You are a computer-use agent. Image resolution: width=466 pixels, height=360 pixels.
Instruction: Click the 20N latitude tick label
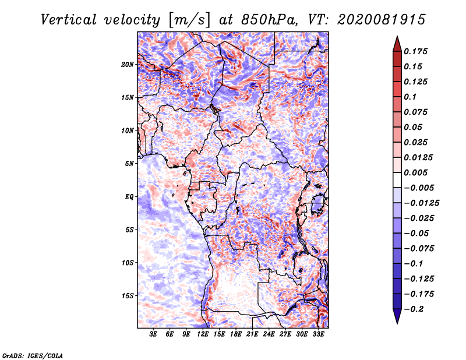tap(128, 65)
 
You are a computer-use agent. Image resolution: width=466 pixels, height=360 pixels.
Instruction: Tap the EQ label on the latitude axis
tap(129, 197)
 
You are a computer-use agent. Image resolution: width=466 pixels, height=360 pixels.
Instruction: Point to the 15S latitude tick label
tap(128, 296)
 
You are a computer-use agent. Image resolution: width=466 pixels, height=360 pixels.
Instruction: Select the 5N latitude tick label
tap(129, 164)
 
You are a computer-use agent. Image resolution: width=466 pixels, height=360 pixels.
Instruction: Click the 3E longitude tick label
tap(153, 334)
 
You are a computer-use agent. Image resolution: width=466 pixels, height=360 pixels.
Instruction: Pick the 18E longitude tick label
tap(236, 334)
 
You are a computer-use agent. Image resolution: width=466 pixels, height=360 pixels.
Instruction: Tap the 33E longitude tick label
tap(318, 334)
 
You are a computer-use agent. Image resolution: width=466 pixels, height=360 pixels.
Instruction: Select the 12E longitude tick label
tap(203, 334)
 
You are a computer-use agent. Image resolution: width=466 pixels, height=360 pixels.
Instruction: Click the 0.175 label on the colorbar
tap(415, 51)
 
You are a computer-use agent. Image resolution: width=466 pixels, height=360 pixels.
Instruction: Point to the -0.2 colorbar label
tap(414, 309)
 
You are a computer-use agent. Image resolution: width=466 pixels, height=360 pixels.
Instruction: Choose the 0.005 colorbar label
tap(415, 172)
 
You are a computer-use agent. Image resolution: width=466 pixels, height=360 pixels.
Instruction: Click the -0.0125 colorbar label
tap(421, 203)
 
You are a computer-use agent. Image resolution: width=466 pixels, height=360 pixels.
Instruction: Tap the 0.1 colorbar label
tap(410, 97)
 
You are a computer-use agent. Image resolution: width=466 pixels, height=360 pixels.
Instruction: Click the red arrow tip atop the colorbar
tap(397, 36)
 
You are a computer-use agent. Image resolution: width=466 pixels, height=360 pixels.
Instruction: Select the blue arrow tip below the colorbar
tap(397, 323)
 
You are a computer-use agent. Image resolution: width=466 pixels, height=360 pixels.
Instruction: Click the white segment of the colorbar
tap(397, 180)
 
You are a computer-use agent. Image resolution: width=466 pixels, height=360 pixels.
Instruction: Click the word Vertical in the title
tap(69, 20)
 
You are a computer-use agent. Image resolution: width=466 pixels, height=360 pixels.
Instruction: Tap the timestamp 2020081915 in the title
tap(382, 20)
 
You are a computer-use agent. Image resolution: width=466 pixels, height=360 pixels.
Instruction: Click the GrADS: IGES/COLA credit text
tap(33, 355)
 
